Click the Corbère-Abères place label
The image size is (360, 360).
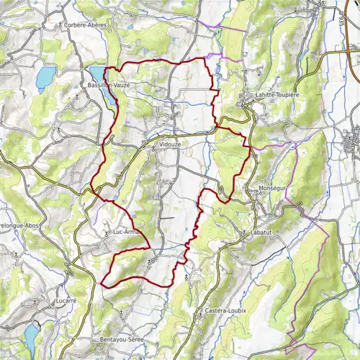pos(87,24)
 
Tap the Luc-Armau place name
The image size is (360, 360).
pos(129,232)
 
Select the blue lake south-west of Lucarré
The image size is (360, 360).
pos(31,336)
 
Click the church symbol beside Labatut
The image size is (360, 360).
pos(247,232)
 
